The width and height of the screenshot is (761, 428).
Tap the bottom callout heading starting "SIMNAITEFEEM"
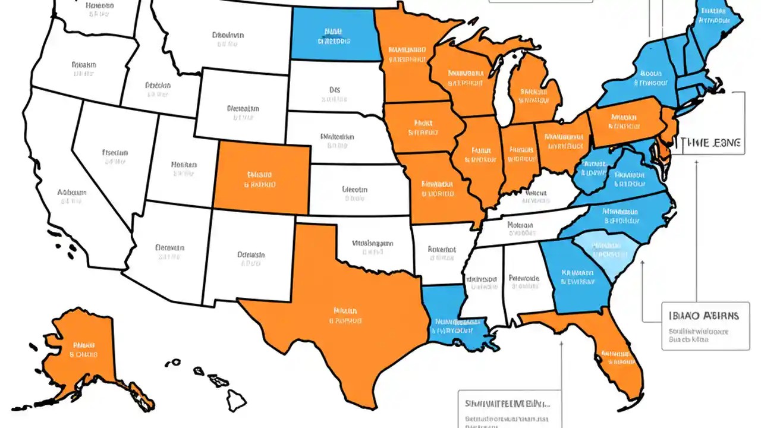[x=508, y=403]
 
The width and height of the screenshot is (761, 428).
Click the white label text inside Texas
[x=345, y=316]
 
